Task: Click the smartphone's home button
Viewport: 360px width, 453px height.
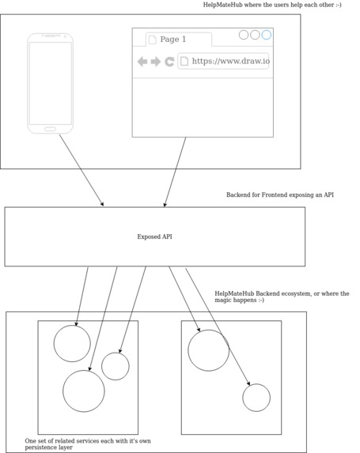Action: point(50,129)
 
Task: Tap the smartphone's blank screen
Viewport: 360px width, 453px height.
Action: point(50,83)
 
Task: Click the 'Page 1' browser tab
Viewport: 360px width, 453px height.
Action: point(173,40)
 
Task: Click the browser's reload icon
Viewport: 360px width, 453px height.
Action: point(169,62)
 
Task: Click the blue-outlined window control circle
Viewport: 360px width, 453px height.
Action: point(267,35)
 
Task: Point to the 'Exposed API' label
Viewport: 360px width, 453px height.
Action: point(154,236)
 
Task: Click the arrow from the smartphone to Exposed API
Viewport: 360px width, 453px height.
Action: point(81,170)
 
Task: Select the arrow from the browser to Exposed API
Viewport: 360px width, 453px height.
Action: point(176,172)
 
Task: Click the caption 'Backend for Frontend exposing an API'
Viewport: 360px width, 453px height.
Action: point(279,194)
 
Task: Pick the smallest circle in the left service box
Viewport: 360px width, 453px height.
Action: point(116,366)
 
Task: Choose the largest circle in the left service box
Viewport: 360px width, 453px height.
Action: point(84,391)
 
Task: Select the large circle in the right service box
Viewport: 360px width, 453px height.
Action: point(208,350)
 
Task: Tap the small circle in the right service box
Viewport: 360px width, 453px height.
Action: point(256,398)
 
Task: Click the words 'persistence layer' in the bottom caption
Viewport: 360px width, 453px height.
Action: point(49,447)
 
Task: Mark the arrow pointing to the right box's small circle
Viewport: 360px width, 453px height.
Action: point(218,326)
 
